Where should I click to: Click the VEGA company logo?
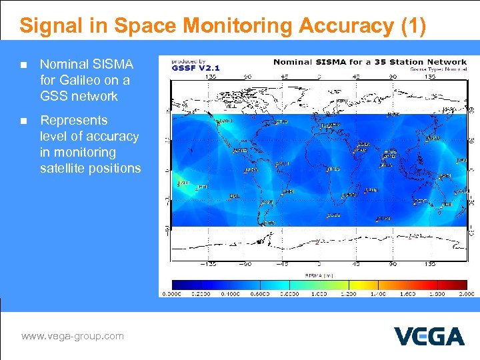pos(429,336)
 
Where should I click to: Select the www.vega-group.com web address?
pos(73,336)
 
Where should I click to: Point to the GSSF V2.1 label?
pos(196,67)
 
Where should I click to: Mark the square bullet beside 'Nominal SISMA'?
pos(24,65)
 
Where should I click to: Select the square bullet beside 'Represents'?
pos(24,121)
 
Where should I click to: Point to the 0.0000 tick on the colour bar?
pos(173,293)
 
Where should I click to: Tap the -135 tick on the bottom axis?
pos(211,263)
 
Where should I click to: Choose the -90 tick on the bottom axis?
pos(247,263)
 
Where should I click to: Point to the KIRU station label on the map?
pos(341,101)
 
